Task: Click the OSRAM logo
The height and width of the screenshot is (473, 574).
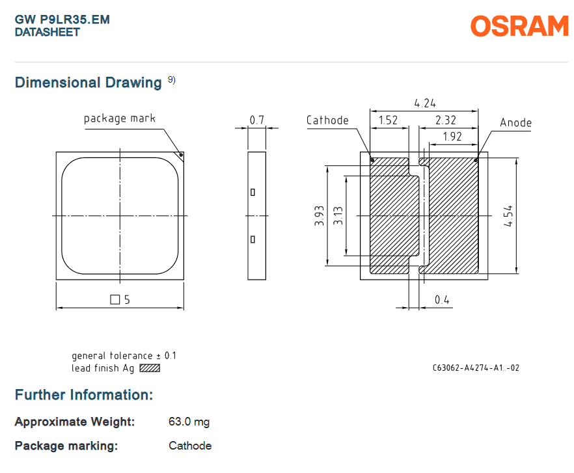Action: click(x=519, y=26)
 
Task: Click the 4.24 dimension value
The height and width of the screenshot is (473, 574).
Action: click(x=425, y=103)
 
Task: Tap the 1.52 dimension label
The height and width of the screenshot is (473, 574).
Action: click(x=388, y=120)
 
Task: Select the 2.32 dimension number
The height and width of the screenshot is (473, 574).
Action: click(x=446, y=120)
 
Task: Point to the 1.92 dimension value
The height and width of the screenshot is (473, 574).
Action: click(x=452, y=137)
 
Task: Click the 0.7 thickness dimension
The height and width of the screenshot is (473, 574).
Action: click(x=256, y=120)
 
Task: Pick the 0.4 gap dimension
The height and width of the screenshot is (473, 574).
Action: click(x=442, y=300)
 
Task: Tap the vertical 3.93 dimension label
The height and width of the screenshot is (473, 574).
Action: click(x=319, y=216)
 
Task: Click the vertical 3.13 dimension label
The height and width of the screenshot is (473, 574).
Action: click(x=338, y=215)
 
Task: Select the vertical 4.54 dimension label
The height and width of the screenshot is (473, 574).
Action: click(x=508, y=216)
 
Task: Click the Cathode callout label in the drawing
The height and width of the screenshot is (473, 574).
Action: click(x=327, y=120)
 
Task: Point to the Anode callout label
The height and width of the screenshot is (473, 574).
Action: click(x=516, y=122)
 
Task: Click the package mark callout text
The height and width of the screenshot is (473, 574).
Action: click(x=120, y=118)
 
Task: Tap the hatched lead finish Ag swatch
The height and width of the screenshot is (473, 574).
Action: click(x=150, y=368)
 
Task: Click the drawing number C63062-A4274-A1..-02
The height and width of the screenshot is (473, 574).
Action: click(x=476, y=368)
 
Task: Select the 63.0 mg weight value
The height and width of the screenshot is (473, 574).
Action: click(x=189, y=422)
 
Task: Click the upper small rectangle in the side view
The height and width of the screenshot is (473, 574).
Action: click(x=253, y=192)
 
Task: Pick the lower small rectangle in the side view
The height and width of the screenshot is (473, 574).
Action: click(x=253, y=239)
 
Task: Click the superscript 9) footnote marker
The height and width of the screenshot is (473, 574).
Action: click(x=172, y=79)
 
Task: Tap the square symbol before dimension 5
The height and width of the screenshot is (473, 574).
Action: click(x=115, y=300)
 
